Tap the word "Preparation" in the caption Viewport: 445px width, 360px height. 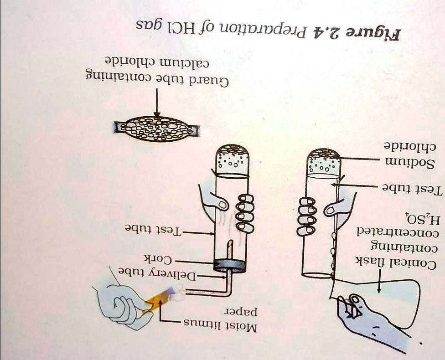tap(282, 30)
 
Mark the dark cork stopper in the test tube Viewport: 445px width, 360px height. tap(231, 264)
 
